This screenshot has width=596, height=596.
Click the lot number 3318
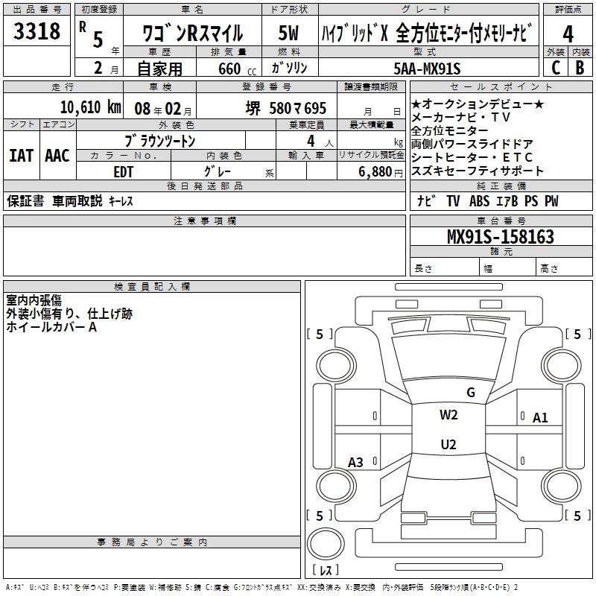pyautogui.click(x=37, y=32)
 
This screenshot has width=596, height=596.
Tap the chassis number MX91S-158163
pyautogui.click(x=501, y=237)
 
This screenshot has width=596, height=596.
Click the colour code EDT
pyautogui.click(x=124, y=171)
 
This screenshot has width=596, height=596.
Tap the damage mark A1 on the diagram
pyautogui.click(x=540, y=417)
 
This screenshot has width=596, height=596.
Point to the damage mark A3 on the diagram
pyautogui.click(x=355, y=463)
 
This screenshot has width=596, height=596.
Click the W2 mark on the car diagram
pyautogui.click(x=448, y=415)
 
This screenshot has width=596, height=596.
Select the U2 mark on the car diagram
pyautogui.click(x=448, y=445)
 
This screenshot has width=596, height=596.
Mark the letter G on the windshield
pyautogui.click(x=470, y=392)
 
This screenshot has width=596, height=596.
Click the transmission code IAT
pyautogui.click(x=21, y=155)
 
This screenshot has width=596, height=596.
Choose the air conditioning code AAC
pyautogui.click(x=57, y=155)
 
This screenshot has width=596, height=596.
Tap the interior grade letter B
pyautogui.click(x=580, y=68)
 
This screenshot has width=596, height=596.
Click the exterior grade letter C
pyautogui.click(x=555, y=68)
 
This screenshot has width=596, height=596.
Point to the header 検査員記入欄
pyautogui.click(x=152, y=286)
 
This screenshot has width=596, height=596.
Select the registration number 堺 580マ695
pyautogui.click(x=287, y=108)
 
